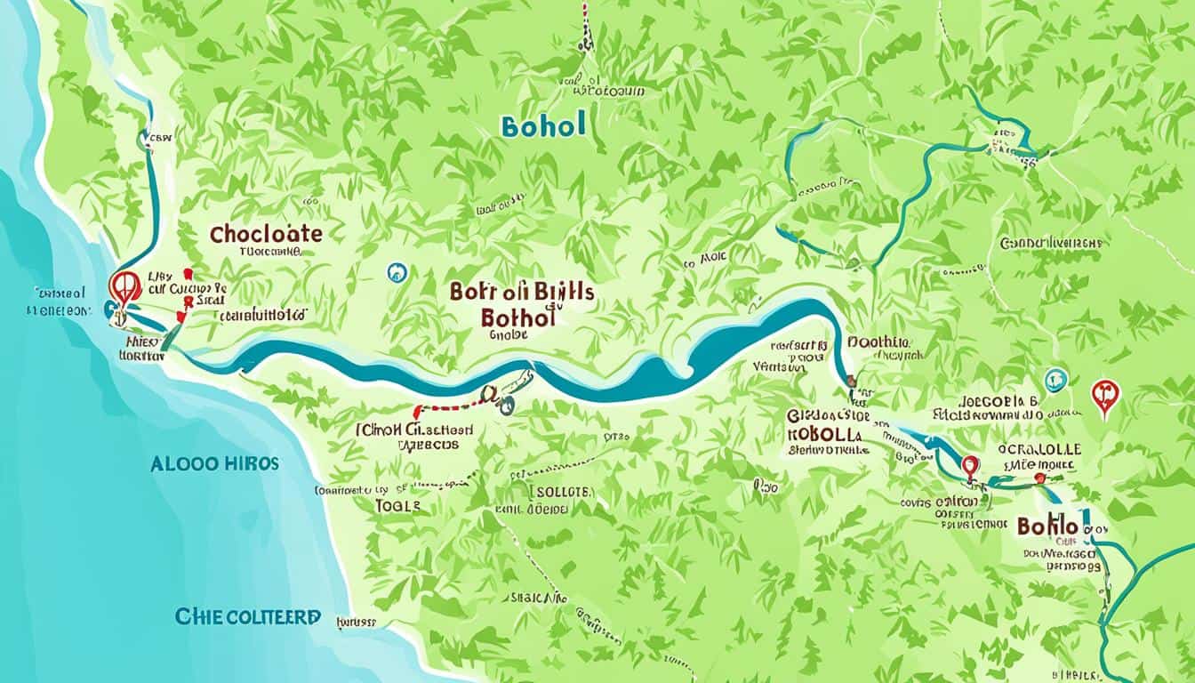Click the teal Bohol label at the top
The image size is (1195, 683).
[543, 126]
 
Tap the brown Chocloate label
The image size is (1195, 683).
[266, 234]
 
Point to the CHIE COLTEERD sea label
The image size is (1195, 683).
[248, 616]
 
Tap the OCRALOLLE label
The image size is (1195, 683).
[1038, 448]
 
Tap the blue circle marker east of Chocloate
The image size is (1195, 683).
[397, 273]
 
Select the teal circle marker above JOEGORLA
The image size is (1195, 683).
[1055, 380]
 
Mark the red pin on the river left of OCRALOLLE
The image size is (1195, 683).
[970, 466]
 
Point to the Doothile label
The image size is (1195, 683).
[878, 341]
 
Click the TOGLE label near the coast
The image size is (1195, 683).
[397, 504]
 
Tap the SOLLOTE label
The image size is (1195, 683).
[561, 491]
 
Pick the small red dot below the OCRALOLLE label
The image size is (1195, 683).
[1039, 478]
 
